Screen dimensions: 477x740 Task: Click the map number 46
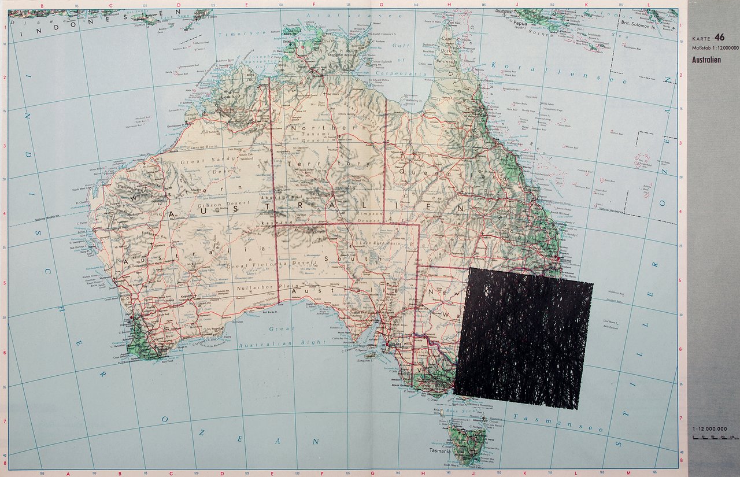(719, 36)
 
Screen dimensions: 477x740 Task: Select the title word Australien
(706, 60)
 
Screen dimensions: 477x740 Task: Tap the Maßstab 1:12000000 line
(715, 47)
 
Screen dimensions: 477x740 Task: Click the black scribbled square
(523, 338)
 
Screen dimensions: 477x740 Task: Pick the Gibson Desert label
(223, 204)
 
